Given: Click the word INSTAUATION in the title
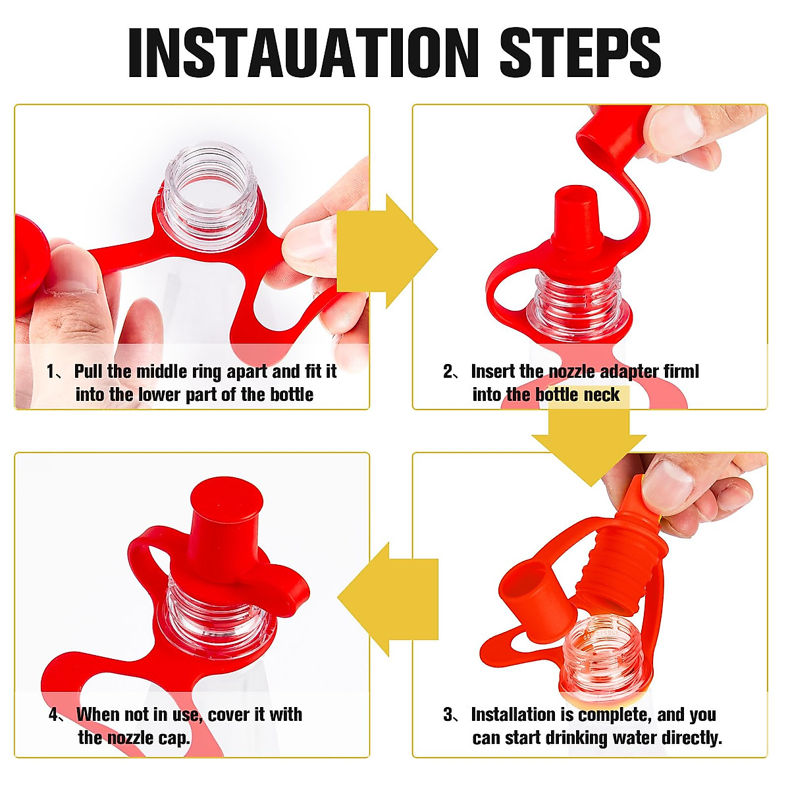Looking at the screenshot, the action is [x=303, y=53].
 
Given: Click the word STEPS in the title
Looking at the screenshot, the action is [x=580, y=53].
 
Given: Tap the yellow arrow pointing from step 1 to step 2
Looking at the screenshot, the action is [x=387, y=251].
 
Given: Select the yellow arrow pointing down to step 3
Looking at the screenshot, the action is [x=589, y=446].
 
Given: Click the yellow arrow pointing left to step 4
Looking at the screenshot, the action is [x=388, y=599].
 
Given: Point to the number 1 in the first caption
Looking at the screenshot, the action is [x=51, y=372].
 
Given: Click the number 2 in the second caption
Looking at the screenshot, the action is [x=448, y=372].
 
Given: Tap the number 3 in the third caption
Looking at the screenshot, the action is [x=448, y=714].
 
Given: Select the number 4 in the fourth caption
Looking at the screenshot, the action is [x=54, y=714].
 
